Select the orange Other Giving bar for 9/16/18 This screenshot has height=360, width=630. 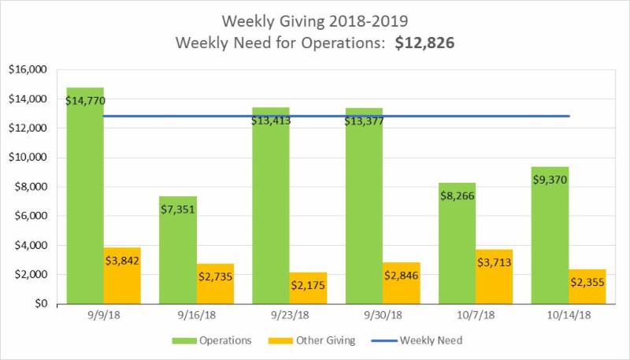215,284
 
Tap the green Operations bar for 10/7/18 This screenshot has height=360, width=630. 457,244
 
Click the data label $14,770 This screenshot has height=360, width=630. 86,100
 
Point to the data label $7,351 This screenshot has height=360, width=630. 177,209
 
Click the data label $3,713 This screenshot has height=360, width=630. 494,259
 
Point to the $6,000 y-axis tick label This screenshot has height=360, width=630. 29,216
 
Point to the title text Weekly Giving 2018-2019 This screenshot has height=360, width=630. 314,19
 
